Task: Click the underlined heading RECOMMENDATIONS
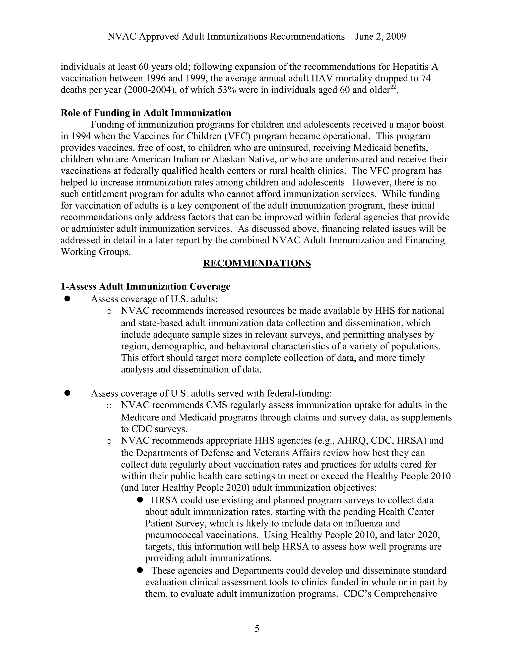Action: [257, 263]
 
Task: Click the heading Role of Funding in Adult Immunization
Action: [146, 113]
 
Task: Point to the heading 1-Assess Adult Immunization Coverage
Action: [145, 287]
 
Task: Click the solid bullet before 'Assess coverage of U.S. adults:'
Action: [67, 299]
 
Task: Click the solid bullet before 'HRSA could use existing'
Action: [140, 500]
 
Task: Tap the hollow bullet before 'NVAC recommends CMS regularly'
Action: [108, 406]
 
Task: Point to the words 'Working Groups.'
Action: [96, 252]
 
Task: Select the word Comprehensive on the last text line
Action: [405, 594]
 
